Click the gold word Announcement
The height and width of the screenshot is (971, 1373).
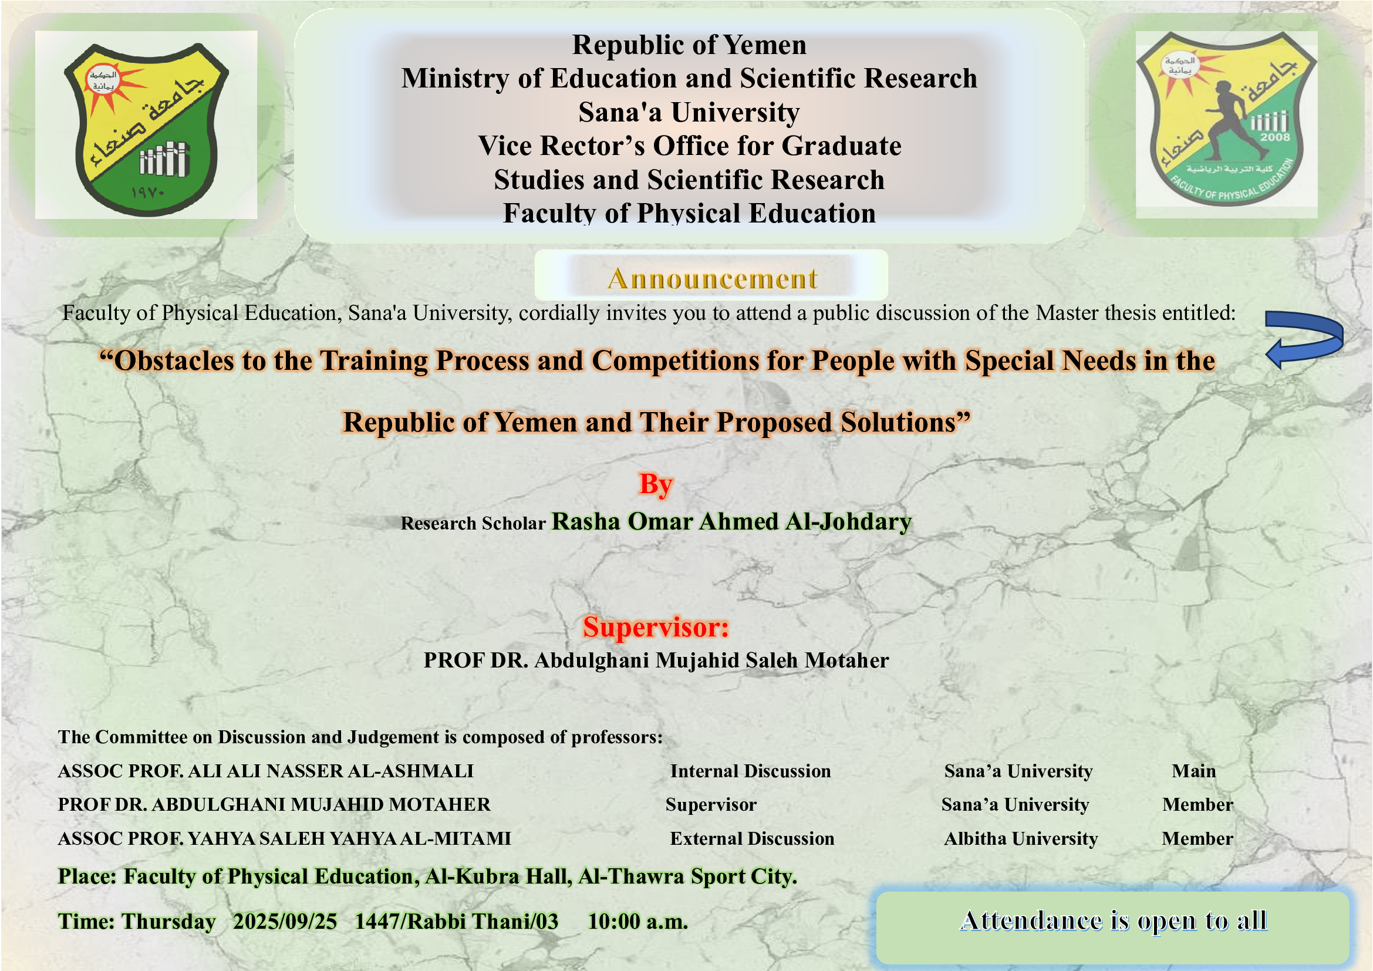[712, 279]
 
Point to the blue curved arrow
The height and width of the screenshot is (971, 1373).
[1304, 339]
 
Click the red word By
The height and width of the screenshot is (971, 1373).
[656, 485]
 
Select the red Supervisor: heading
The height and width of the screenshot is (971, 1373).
[656, 627]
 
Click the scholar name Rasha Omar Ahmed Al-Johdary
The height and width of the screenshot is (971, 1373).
[731, 522]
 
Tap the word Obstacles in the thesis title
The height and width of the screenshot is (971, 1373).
[174, 360]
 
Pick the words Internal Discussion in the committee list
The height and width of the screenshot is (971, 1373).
[751, 771]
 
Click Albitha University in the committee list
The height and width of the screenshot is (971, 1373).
[1021, 839]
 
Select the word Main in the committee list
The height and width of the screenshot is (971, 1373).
[1193, 771]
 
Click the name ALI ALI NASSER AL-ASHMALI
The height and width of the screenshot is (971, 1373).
[330, 771]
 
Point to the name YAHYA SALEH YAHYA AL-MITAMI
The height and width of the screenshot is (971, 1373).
[349, 839]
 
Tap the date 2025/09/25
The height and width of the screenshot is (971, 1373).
[285, 921]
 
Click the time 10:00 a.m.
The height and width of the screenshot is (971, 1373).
[637, 921]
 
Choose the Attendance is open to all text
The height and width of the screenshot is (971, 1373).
[1114, 921]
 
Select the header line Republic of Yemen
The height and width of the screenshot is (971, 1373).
[689, 45]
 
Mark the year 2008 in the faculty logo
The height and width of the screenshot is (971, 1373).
[1275, 137]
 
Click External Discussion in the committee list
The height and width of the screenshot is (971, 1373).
[753, 839]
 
